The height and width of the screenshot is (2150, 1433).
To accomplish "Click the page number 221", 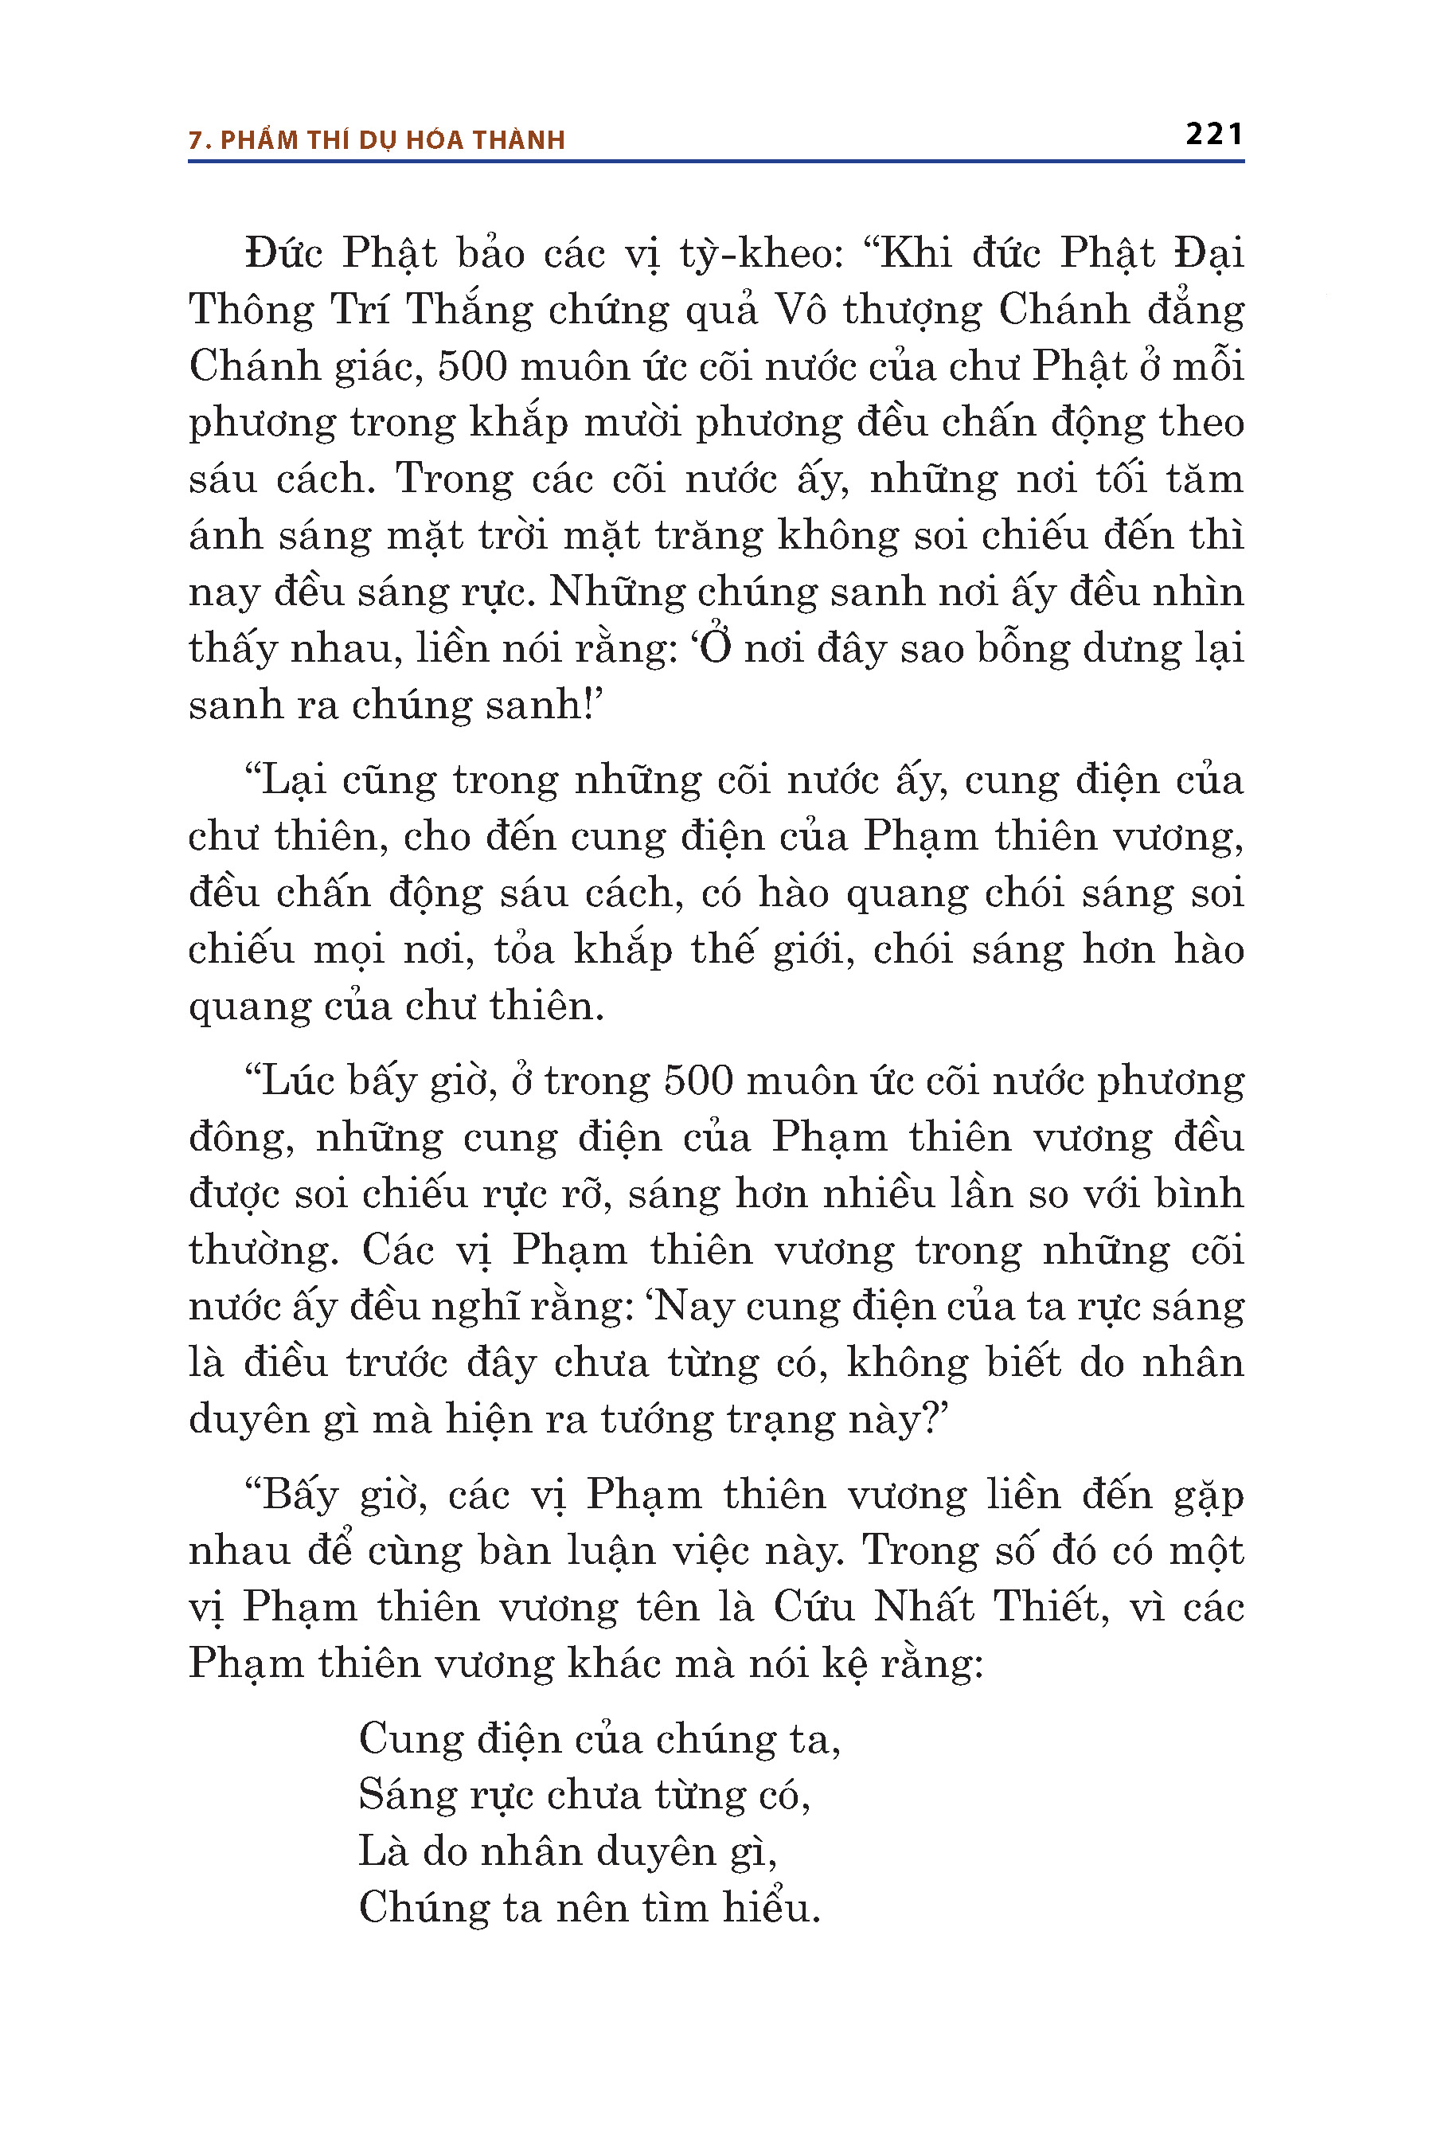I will [1213, 135].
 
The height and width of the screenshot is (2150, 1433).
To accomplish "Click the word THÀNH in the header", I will [519, 140].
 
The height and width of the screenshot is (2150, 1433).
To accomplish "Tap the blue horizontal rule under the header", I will [716, 162].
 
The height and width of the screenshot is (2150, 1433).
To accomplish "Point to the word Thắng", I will [468, 311].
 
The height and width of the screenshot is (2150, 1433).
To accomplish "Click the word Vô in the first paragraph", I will [801, 311].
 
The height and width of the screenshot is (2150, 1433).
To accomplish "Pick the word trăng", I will [712, 537].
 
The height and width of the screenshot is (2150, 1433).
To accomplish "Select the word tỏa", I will [524, 951].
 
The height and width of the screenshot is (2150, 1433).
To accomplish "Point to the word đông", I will [240, 1139].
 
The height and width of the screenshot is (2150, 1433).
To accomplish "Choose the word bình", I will [1197, 1194].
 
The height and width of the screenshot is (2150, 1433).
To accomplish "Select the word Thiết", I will [1050, 1607].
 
